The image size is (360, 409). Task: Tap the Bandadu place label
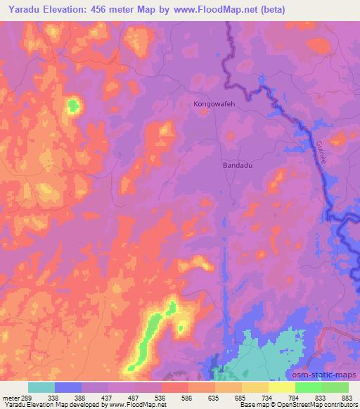pos(237,165)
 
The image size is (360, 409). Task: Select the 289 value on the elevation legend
pos(27,397)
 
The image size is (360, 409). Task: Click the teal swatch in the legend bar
pos(41,387)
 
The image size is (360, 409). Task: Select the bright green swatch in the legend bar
pos(309,387)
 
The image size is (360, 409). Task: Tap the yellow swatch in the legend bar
pos(282,387)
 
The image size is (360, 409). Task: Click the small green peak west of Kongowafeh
pos(72,106)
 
